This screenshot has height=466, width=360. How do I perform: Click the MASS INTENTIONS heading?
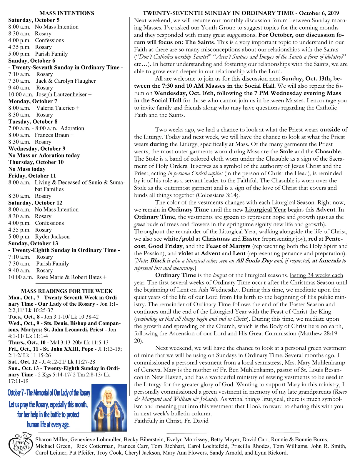click(x=67, y=13)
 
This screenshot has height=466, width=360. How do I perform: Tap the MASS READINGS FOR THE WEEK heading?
click(x=67, y=291)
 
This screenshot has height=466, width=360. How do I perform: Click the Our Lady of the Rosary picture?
click(x=109, y=407)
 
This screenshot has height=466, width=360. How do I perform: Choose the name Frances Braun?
click(x=52, y=135)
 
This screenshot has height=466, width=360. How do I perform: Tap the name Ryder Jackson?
click(x=52, y=237)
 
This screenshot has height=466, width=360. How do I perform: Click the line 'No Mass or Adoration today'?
click(x=44, y=155)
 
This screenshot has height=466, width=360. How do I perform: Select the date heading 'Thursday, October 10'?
click(x=36, y=162)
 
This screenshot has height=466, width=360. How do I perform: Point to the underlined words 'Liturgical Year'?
click(x=265, y=210)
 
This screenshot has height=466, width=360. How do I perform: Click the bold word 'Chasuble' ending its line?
click(x=328, y=152)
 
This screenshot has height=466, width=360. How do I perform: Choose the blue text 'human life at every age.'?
click(x=48, y=425)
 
